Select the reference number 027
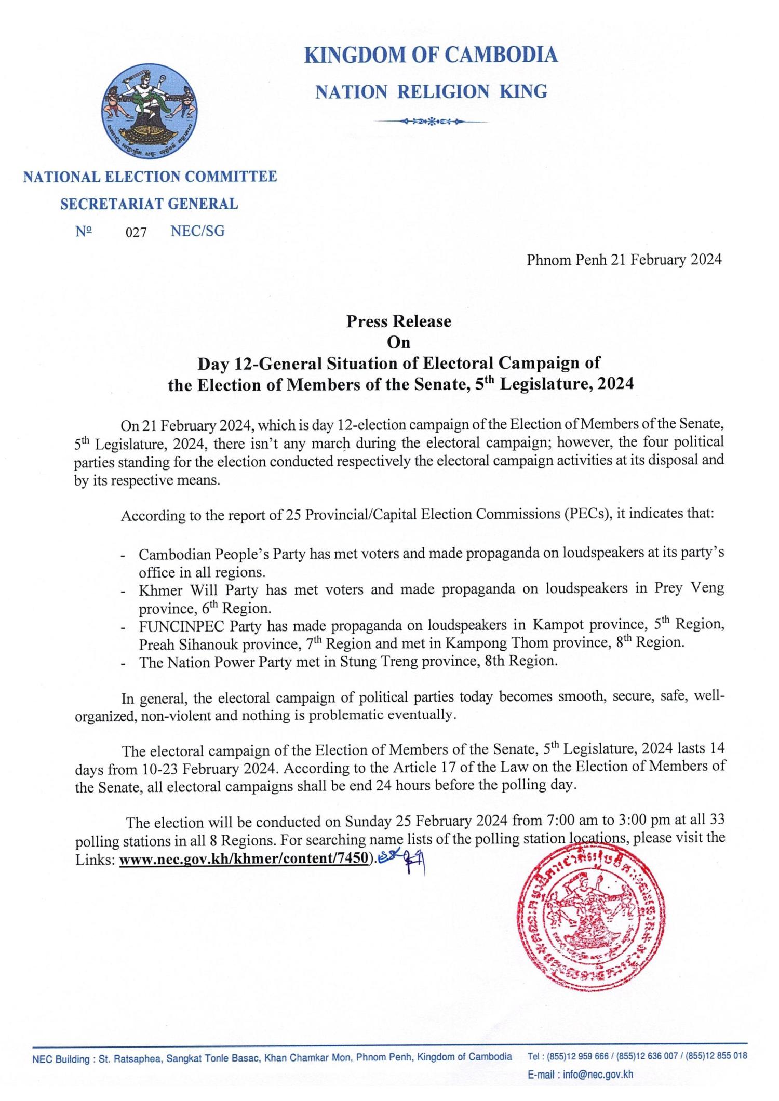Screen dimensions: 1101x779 point(137,232)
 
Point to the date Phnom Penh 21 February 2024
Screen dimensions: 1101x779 point(624,260)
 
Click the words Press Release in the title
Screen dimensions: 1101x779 point(399,321)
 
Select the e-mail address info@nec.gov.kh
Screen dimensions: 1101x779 point(598,1075)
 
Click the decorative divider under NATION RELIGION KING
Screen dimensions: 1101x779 point(431,122)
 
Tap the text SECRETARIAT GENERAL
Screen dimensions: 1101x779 point(149,204)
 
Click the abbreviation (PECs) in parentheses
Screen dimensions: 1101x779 point(585,516)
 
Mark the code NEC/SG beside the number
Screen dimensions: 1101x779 point(197,232)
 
